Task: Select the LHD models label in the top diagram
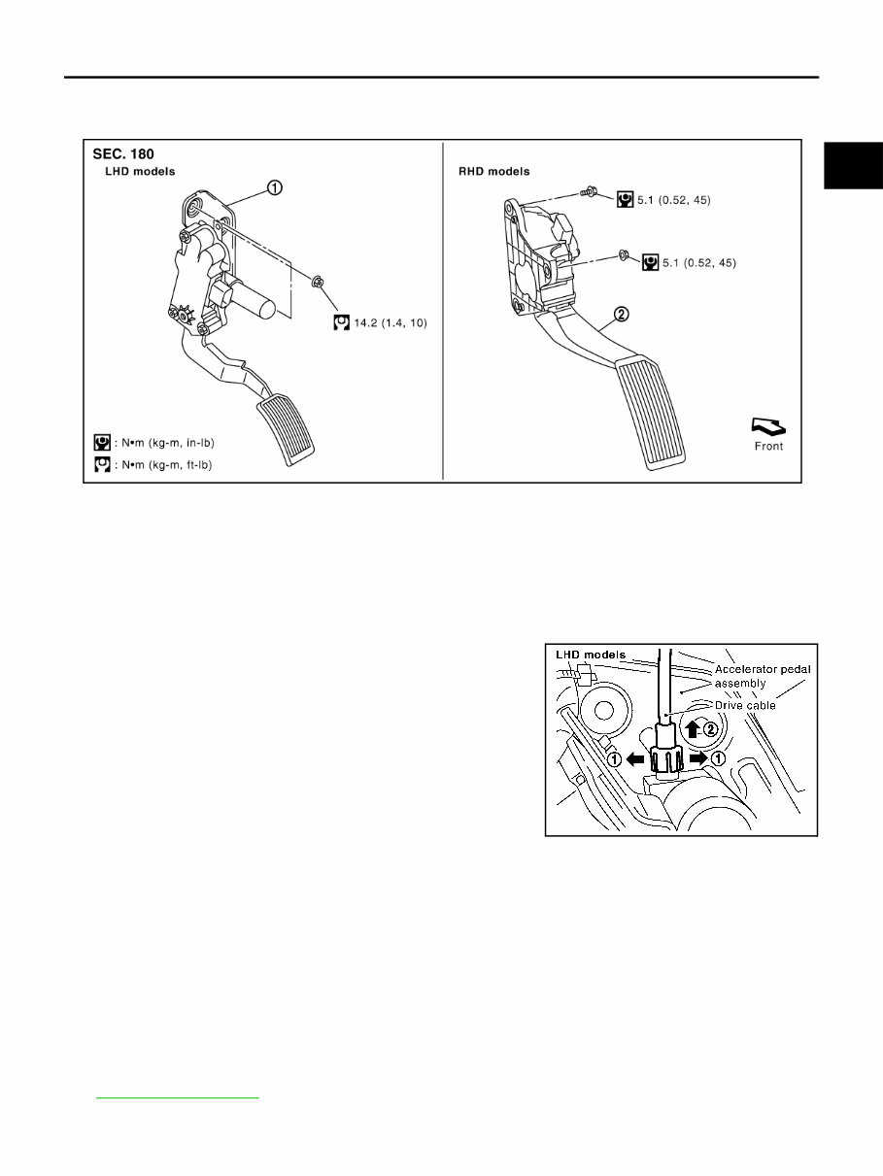[x=147, y=171]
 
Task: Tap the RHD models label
[x=494, y=171]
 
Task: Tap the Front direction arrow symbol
[x=767, y=426]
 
